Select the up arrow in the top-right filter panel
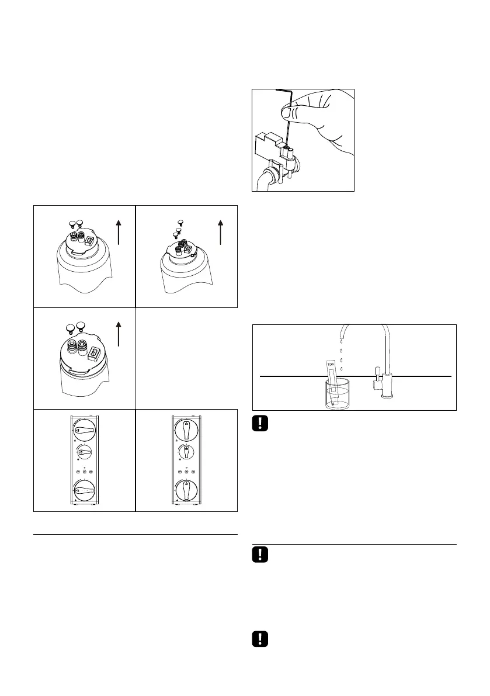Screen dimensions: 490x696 pos(220,231)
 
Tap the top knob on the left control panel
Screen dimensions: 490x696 pos(85,431)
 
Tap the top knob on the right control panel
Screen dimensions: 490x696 pos(186,431)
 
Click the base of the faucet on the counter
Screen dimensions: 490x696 pos(387,396)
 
